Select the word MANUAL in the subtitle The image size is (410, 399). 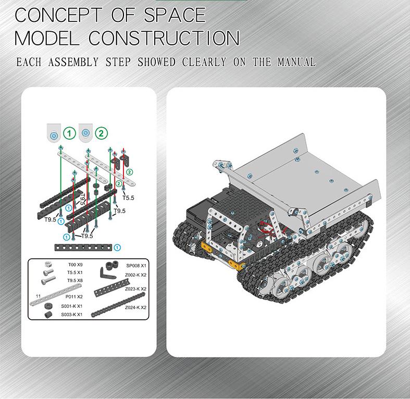pos(296,62)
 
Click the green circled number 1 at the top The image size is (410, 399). pos(70,133)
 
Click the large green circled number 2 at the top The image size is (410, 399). pos(101,133)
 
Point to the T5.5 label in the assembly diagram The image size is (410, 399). pos(128,198)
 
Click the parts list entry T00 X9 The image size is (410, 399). pos(75,265)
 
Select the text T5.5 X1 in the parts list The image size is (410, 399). pos(75,272)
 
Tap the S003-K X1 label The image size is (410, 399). pos(71,314)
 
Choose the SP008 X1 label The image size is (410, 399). pos(136,266)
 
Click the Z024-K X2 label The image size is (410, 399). pos(135,307)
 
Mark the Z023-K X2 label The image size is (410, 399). pos(135,289)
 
